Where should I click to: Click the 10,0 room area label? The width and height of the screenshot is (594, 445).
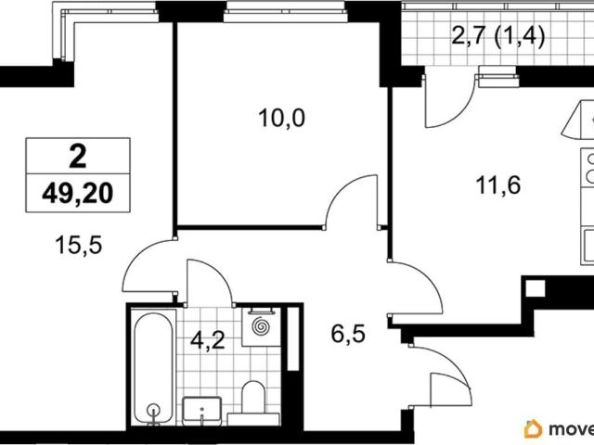tap(281, 118)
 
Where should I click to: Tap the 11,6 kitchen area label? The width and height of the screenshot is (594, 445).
tap(498, 185)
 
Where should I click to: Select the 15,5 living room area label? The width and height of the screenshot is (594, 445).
tap(79, 245)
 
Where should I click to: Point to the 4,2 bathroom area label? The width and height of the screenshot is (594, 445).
tap(208, 339)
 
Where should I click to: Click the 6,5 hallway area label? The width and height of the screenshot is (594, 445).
tap(348, 334)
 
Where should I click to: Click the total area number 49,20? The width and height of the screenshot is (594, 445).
tap(78, 194)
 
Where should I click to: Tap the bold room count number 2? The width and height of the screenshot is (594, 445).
tap(78, 157)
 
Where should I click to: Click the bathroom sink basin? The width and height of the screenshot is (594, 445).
tap(202, 411)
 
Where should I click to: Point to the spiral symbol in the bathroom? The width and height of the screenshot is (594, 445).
tap(261, 325)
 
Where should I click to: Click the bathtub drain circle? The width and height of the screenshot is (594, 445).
tap(153, 410)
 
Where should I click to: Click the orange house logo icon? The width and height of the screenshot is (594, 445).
tap(533, 428)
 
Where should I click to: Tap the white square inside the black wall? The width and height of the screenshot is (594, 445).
tap(536, 288)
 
